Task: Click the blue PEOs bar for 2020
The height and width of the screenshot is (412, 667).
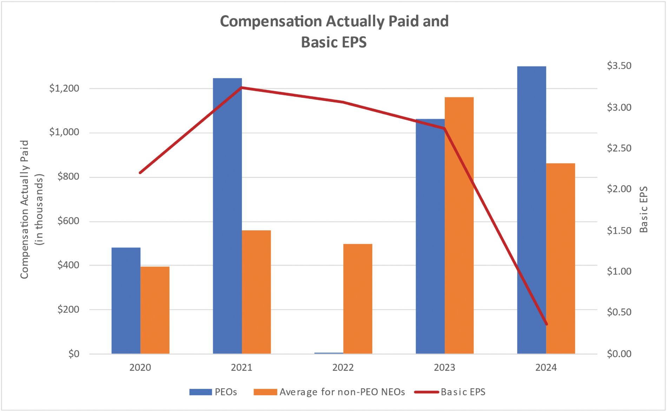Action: coord(126,301)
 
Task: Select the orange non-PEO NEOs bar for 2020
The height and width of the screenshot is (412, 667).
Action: coord(155,310)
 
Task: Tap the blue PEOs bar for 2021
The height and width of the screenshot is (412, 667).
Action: coord(227,216)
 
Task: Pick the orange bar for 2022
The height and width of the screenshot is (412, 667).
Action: coord(357,299)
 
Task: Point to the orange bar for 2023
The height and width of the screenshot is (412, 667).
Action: coord(459,225)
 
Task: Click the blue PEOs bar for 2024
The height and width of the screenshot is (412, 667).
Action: coord(531,210)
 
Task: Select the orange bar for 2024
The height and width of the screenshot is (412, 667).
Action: coord(560,258)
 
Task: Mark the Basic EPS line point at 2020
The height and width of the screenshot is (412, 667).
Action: coord(140,173)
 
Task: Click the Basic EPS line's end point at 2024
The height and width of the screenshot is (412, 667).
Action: coord(546,324)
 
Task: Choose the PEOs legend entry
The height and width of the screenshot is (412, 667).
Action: coord(213,392)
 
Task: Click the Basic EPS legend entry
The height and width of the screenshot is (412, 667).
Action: coord(450,392)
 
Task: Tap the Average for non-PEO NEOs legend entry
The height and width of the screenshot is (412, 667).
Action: coord(329,392)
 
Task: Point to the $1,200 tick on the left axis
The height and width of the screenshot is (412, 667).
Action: coord(64,88)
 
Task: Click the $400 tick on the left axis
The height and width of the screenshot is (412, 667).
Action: coord(68,265)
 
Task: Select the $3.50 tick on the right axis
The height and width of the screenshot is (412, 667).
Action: coord(619,66)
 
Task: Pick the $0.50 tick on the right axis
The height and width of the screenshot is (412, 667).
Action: coord(619,312)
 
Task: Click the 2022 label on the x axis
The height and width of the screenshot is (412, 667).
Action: coord(343,368)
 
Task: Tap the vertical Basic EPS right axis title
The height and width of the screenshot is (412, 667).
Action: coord(643,210)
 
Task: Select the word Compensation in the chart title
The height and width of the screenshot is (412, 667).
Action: coord(271,21)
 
